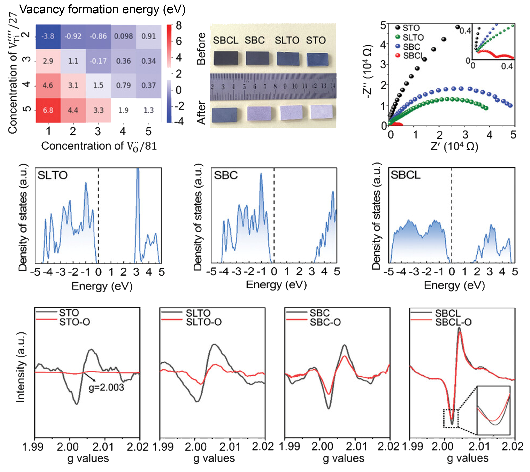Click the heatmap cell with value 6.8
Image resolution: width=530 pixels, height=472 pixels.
48,110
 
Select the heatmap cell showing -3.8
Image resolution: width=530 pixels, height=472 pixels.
48,36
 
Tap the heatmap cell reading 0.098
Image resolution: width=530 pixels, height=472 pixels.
123,36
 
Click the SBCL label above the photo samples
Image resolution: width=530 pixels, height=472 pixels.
226,40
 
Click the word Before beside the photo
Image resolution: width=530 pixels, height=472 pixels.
201,49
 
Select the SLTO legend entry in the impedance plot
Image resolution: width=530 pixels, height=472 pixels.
413,38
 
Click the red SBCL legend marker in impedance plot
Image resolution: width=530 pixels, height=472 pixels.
398,55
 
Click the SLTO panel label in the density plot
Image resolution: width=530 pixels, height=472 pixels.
52,175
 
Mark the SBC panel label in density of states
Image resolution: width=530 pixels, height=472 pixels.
226,175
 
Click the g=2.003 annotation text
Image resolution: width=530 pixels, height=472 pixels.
106,387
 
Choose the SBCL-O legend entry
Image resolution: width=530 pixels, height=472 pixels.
453,322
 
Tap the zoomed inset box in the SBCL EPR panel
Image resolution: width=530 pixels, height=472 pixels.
493,410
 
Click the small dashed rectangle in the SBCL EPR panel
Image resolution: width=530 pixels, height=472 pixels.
451,418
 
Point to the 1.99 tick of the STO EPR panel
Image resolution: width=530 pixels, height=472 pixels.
33,447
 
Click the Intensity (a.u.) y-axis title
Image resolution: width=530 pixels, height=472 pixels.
21,367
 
